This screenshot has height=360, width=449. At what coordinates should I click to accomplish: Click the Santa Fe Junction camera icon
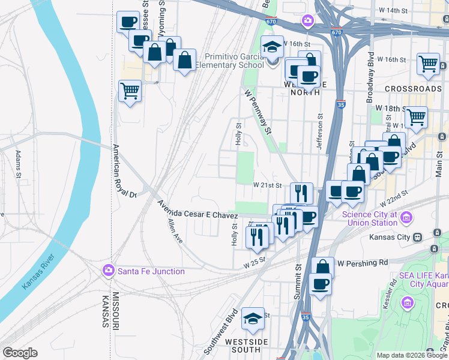(x=108, y=271)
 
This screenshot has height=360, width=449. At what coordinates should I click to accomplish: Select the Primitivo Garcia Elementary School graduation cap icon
(x=272, y=47)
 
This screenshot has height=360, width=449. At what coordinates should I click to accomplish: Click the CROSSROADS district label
(x=413, y=89)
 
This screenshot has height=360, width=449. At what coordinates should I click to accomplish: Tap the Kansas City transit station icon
(x=434, y=237)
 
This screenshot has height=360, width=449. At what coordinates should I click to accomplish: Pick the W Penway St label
(x=259, y=112)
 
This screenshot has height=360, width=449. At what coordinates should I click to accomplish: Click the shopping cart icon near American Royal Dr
(x=130, y=91)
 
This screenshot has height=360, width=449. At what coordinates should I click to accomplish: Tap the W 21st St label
(x=267, y=185)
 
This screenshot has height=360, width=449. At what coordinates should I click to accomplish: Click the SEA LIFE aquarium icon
(x=408, y=301)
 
